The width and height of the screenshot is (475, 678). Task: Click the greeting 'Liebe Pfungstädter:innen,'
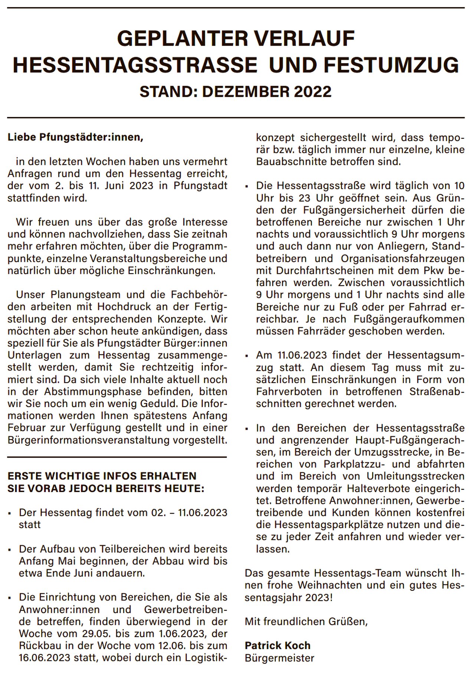pos(75,138)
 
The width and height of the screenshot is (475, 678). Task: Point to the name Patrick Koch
pos(278,645)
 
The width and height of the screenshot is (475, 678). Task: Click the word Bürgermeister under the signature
pos(279,658)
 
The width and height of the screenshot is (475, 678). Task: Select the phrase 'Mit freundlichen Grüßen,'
pos(306,621)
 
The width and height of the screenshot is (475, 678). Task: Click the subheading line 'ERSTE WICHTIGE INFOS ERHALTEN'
pos(102,476)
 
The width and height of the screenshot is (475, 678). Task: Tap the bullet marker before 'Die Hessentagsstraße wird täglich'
pos(247,186)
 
